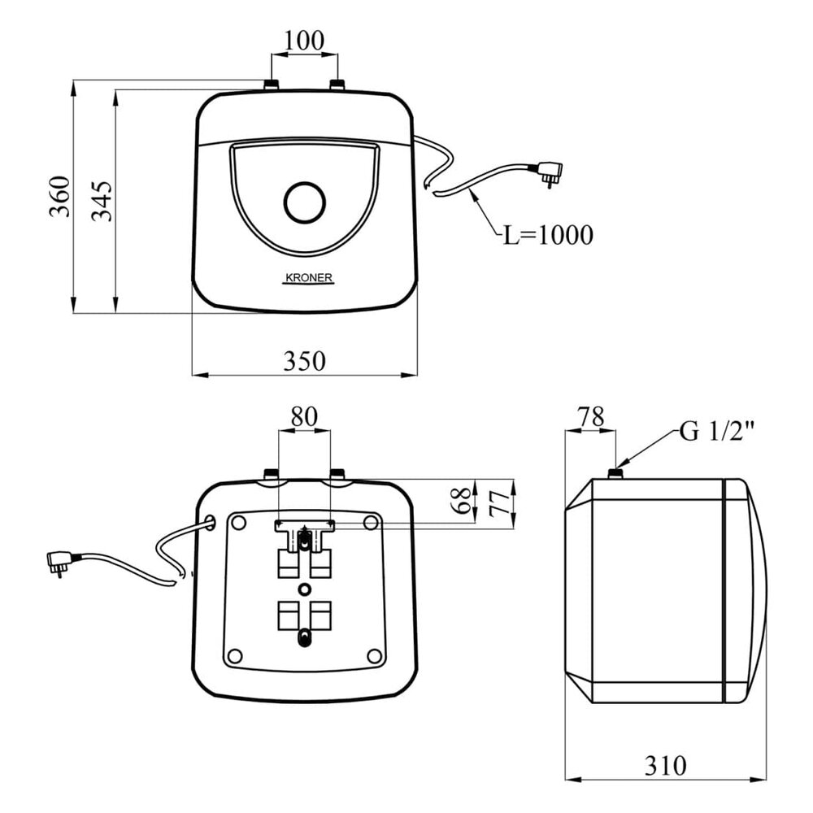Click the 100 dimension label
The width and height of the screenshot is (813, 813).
pos(305,39)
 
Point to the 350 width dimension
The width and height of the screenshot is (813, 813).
pos(304,360)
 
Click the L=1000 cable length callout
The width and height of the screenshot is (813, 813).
pos(546,236)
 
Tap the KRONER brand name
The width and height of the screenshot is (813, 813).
pos(309,277)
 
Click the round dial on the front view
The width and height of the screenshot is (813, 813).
pos(305,202)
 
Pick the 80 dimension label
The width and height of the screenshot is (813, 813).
pos(304,416)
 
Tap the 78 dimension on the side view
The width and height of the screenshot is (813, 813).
pos(591,417)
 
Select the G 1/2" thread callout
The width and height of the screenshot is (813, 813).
pos(717,432)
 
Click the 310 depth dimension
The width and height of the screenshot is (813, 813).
pos(665,765)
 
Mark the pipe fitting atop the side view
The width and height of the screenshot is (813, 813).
pos(616,472)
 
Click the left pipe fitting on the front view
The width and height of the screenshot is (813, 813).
pos(271,85)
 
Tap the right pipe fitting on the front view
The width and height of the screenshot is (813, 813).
pos(338,85)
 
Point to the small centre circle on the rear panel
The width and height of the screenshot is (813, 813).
pos(304,588)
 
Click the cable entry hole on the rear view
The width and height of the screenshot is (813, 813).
pos(211,521)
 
